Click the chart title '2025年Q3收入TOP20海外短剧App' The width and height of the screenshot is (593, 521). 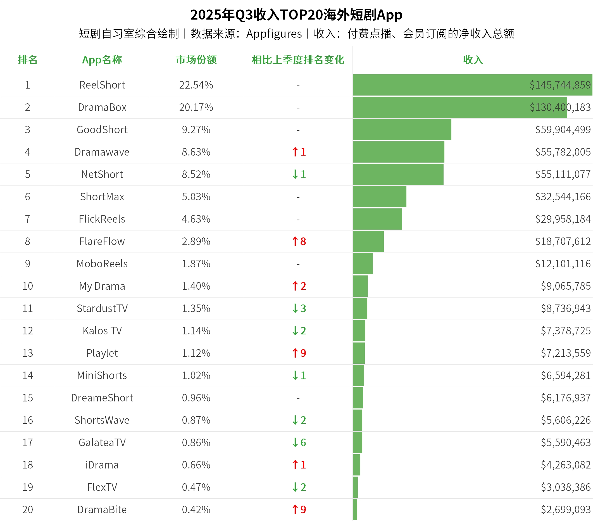[x=296, y=15]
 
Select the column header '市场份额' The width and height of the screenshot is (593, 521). [x=196, y=60]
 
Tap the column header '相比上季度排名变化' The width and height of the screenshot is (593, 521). [x=298, y=60]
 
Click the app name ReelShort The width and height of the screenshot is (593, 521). [x=102, y=85]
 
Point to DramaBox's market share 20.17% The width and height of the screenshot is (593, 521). [x=196, y=107]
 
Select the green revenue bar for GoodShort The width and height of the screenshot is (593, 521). [x=402, y=130]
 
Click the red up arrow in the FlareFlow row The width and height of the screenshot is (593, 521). [x=295, y=241]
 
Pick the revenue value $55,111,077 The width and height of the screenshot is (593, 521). [x=563, y=174]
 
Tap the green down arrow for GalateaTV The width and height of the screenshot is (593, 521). [x=295, y=443]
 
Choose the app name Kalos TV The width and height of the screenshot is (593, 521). [x=102, y=331]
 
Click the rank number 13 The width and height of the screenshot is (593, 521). [x=28, y=353]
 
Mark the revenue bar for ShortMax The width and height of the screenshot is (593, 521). [x=380, y=197]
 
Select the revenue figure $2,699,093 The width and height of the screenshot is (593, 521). [x=565, y=509]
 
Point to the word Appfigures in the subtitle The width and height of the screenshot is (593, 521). [x=274, y=34]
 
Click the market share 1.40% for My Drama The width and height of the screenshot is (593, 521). [x=196, y=286]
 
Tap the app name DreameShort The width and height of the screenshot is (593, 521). [x=102, y=398]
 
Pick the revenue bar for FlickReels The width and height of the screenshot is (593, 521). [x=377, y=219]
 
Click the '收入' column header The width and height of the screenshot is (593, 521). [x=473, y=60]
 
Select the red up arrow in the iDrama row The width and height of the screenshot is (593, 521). [x=295, y=465]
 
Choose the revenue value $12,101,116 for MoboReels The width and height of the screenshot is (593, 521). [x=563, y=264]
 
